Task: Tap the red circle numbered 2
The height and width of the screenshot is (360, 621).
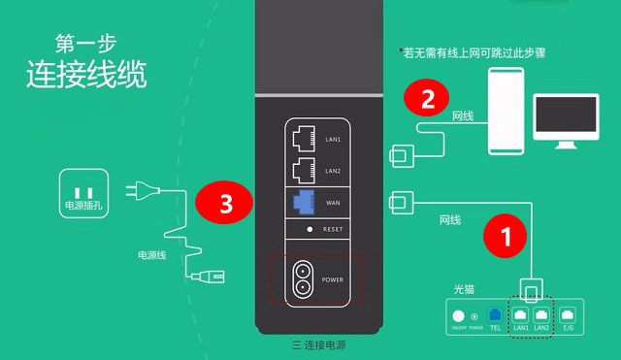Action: (x=428, y=98)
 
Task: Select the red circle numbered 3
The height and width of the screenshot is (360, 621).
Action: (x=226, y=203)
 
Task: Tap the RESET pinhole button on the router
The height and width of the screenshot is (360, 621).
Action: (x=309, y=230)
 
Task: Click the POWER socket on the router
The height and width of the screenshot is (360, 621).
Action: (x=303, y=278)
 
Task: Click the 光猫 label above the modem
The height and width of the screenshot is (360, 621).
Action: (x=467, y=289)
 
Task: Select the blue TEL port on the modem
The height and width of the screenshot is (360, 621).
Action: (x=496, y=315)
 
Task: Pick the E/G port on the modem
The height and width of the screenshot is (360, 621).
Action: (x=569, y=314)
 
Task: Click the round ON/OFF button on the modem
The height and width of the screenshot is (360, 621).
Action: (x=458, y=314)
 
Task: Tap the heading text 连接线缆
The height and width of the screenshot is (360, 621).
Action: (x=73, y=75)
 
